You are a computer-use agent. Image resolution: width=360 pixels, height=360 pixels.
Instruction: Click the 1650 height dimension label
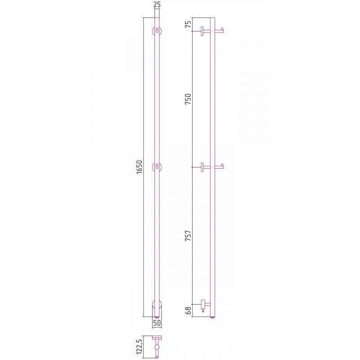click(139, 167)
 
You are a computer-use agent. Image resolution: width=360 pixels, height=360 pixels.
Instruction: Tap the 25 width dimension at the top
click(157, 4)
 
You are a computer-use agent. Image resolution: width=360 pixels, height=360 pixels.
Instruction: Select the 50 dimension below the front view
click(157, 323)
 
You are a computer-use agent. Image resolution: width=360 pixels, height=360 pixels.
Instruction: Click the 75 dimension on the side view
click(188, 24)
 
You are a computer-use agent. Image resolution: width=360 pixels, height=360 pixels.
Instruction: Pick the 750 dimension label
click(188, 99)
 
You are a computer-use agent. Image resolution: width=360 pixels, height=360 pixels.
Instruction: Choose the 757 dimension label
click(188, 236)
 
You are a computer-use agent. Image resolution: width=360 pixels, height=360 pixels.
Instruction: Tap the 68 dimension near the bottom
click(188, 310)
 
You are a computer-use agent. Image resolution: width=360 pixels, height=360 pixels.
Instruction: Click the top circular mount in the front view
click(157, 31)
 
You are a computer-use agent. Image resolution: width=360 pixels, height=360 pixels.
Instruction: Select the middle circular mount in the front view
click(157, 167)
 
